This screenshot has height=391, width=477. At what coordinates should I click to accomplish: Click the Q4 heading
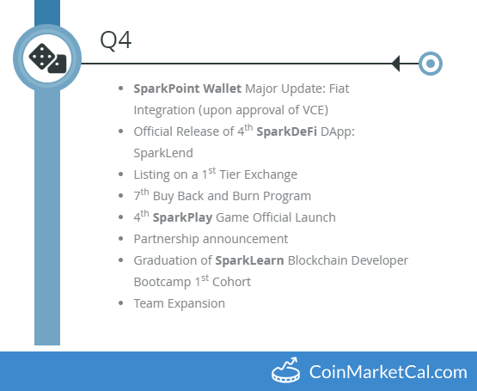click(x=115, y=40)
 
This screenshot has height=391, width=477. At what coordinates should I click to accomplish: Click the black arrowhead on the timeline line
click(x=395, y=63)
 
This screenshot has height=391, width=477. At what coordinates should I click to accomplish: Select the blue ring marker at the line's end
click(x=431, y=63)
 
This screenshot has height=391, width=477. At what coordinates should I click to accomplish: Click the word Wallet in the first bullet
click(x=223, y=88)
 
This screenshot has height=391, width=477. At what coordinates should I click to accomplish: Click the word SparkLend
click(x=162, y=152)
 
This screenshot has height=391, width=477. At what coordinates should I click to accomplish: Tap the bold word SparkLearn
click(x=250, y=260)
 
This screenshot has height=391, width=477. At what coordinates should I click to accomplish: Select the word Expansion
click(x=197, y=303)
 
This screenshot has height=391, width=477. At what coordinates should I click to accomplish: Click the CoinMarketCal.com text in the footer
click(x=389, y=372)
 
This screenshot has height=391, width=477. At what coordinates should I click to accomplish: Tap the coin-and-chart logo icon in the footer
click(x=287, y=371)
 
